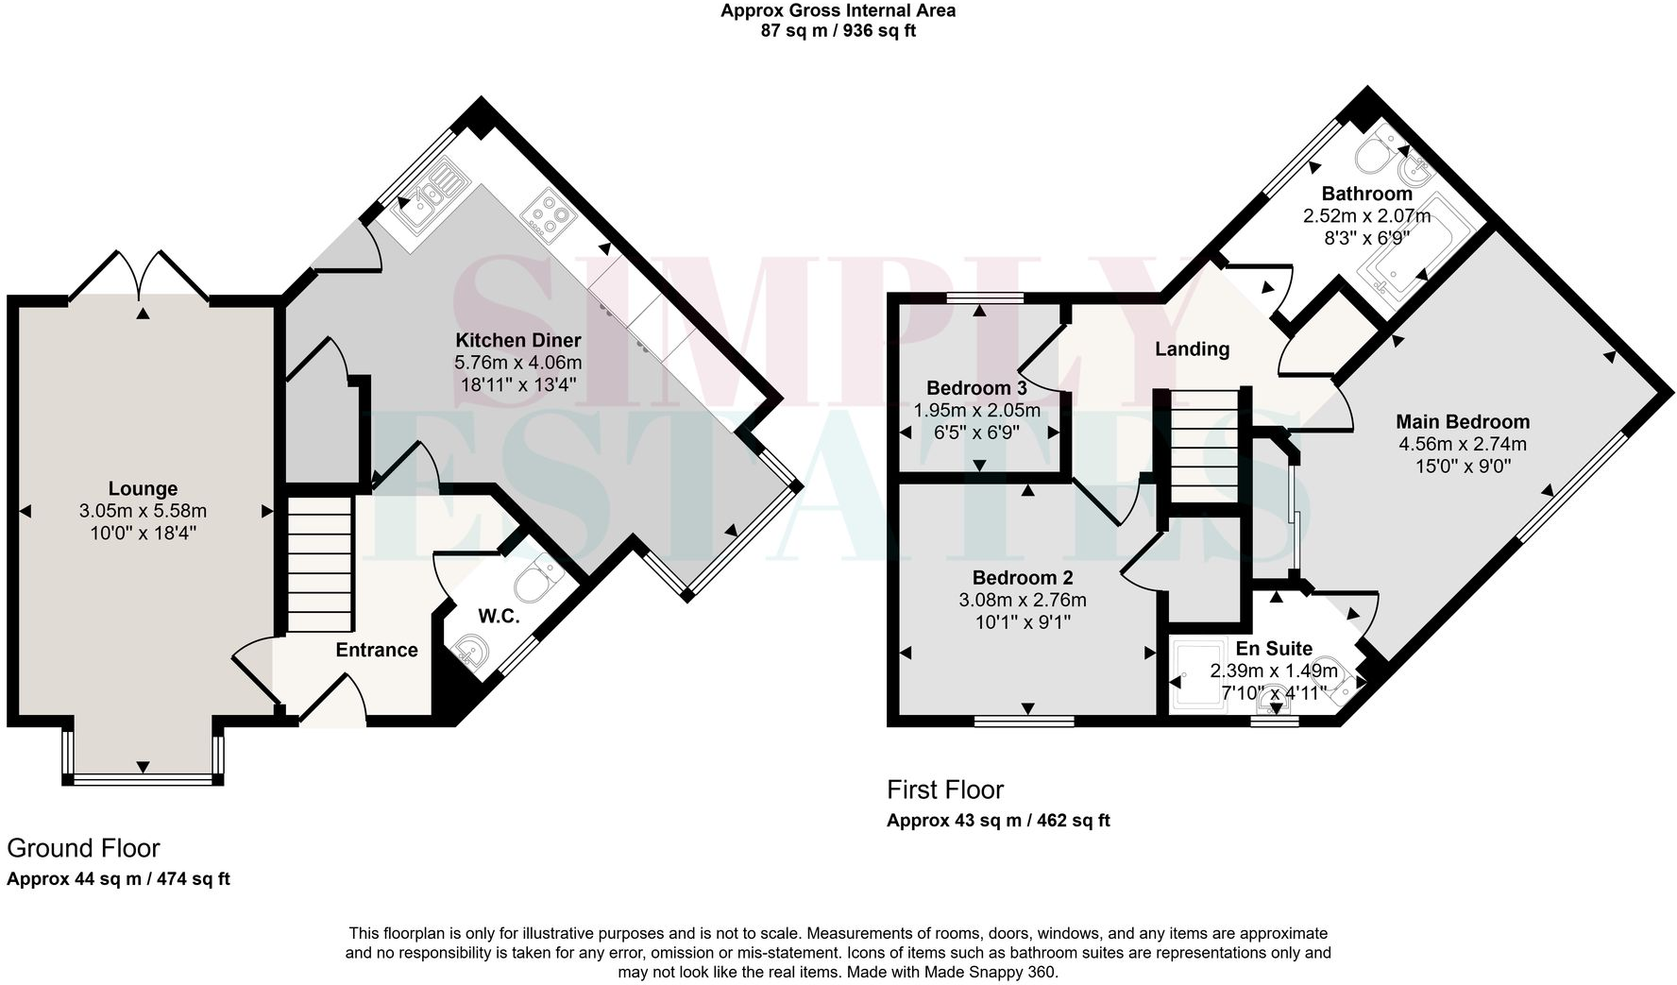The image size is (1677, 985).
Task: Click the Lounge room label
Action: (143, 488)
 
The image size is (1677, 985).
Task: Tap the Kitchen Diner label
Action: (517, 340)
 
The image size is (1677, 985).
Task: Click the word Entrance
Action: (376, 650)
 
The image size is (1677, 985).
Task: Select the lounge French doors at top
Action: (140, 273)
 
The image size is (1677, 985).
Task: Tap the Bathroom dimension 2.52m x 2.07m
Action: (1366, 215)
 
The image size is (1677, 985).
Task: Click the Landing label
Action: (1192, 348)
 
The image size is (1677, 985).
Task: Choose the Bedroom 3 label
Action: (976, 387)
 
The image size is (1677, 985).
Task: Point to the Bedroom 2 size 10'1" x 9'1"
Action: (1023, 622)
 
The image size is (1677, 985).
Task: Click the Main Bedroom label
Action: (1463, 421)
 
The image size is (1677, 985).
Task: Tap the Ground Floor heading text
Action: (83, 847)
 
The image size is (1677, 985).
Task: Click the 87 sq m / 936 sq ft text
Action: (838, 30)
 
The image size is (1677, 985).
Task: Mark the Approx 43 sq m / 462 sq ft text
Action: (998, 821)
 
